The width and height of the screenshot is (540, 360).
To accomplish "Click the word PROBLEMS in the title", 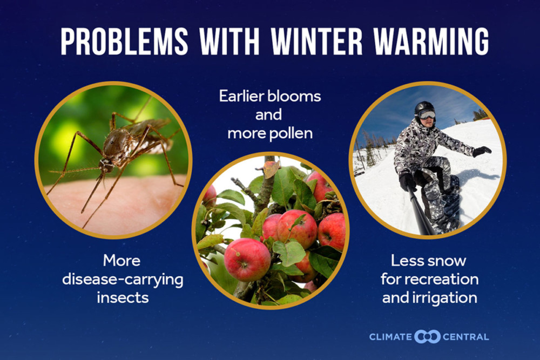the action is click(x=124, y=41).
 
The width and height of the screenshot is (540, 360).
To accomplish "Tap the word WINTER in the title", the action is click(x=316, y=41).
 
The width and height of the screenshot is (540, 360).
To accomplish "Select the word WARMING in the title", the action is click(x=431, y=41).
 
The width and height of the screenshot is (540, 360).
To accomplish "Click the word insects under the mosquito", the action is click(x=123, y=298).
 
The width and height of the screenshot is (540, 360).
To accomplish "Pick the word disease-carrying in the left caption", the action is click(x=123, y=280).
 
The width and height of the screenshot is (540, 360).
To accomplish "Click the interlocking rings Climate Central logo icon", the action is click(x=427, y=337).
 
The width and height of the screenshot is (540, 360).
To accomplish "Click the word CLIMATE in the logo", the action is click(x=390, y=337).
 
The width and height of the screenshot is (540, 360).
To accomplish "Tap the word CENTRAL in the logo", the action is click(x=465, y=337).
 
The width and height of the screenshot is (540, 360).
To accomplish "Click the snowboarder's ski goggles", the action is click(x=427, y=114).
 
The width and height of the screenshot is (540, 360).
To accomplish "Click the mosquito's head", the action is click(x=106, y=165).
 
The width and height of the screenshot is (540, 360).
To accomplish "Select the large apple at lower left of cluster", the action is click(x=247, y=260).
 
